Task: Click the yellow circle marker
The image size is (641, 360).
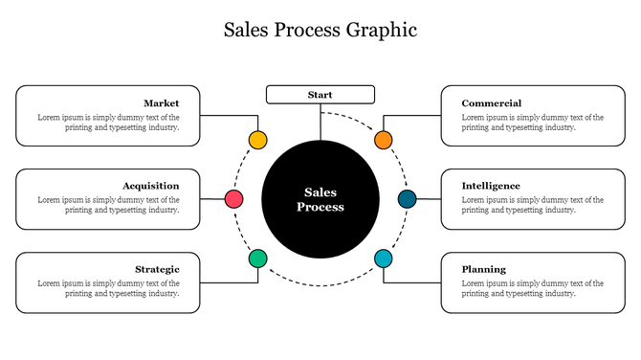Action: click(x=257, y=140)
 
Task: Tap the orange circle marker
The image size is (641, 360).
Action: click(x=384, y=140)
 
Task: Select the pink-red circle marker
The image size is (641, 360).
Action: click(x=233, y=199)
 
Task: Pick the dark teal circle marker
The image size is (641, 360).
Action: click(x=408, y=199)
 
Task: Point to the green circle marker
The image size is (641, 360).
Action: click(x=257, y=259)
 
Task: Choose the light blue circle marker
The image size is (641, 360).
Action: click(x=384, y=259)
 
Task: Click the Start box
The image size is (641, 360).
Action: click(x=320, y=94)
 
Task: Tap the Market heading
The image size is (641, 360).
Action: click(x=161, y=103)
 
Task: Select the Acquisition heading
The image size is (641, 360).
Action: click(x=150, y=186)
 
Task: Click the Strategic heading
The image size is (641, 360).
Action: click(x=157, y=269)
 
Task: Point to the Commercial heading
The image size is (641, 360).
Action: click(x=491, y=103)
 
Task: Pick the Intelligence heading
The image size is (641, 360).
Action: click(x=491, y=186)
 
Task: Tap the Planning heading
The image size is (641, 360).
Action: click(x=483, y=269)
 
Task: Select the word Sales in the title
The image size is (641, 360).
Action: click(x=247, y=30)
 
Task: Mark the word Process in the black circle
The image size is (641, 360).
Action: click(x=320, y=207)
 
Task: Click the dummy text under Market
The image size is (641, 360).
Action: click(x=108, y=123)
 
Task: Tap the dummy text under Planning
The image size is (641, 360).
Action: click(x=532, y=288)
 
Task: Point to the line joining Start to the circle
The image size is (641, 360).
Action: click(x=320, y=121)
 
